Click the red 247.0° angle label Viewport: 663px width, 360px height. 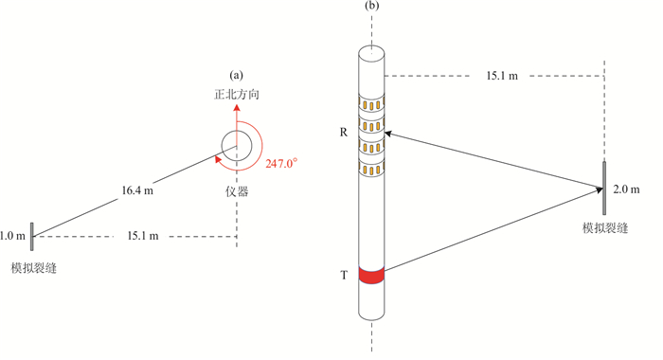click(281, 163)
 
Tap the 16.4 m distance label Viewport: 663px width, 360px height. click(137, 190)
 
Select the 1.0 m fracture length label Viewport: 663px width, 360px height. click(12, 236)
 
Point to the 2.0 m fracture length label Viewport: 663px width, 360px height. click(626, 189)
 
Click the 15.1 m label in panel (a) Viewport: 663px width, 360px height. click(143, 236)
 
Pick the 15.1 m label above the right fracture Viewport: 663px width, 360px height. click(502, 76)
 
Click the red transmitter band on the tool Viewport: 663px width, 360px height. click(371, 275)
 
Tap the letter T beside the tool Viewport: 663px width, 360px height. click(344, 276)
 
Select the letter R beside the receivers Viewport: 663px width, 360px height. click(343, 133)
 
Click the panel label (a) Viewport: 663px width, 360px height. click(237, 75)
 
